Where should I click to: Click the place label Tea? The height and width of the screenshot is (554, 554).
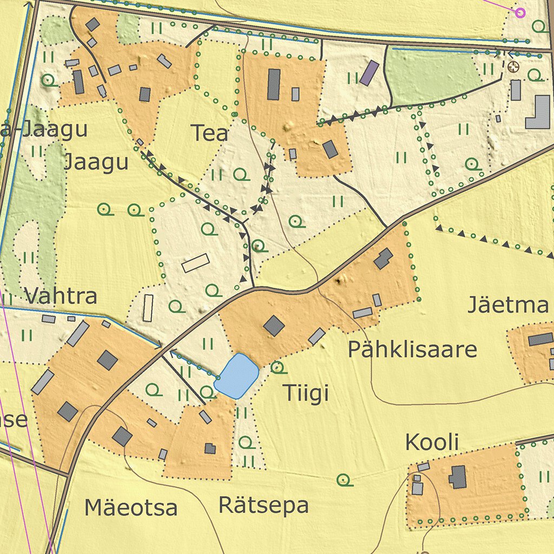pyautogui.click(x=209, y=133)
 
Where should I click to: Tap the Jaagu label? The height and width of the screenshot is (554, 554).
pyautogui.click(x=96, y=162)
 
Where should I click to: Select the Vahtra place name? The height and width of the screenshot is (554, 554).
pyautogui.click(x=61, y=296)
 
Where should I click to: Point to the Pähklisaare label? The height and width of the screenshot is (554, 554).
pyautogui.click(x=412, y=350)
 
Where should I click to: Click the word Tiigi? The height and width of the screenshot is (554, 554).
pyautogui.click(x=306, y=394)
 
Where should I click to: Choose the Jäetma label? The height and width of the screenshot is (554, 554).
pyautogui.click(x=507, y=306)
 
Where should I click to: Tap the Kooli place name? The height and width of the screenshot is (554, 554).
pyautogui.click(x=432, y=443)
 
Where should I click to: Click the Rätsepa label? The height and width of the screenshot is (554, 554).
pyautogui.click(x=263, y=505)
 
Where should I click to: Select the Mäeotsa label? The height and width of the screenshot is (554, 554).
pyautogui.click(x=131, y=507)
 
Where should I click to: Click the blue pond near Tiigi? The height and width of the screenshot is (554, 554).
pyautogui.click(x=236, y=376)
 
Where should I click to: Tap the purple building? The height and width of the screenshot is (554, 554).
pyautogui.click(x=370, y=72)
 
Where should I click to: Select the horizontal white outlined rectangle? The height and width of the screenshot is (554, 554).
pyautogui.click(x=195, y=263)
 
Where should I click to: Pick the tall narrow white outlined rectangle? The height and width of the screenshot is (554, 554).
pyautogui.click(x=148, y=308)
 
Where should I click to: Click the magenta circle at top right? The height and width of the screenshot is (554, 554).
pyautogui.click(x=520, y=12)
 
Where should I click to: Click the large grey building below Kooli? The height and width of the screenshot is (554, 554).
pyautogui.click(x=458, y=477)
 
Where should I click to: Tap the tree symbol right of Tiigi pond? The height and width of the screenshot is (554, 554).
pyautogui.click(x=278, y=367)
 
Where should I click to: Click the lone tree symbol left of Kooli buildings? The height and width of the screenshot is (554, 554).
pyautogui.click(x=344, y=479)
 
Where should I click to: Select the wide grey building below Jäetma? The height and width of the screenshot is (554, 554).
pyautogui.click(x=540, y=340)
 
